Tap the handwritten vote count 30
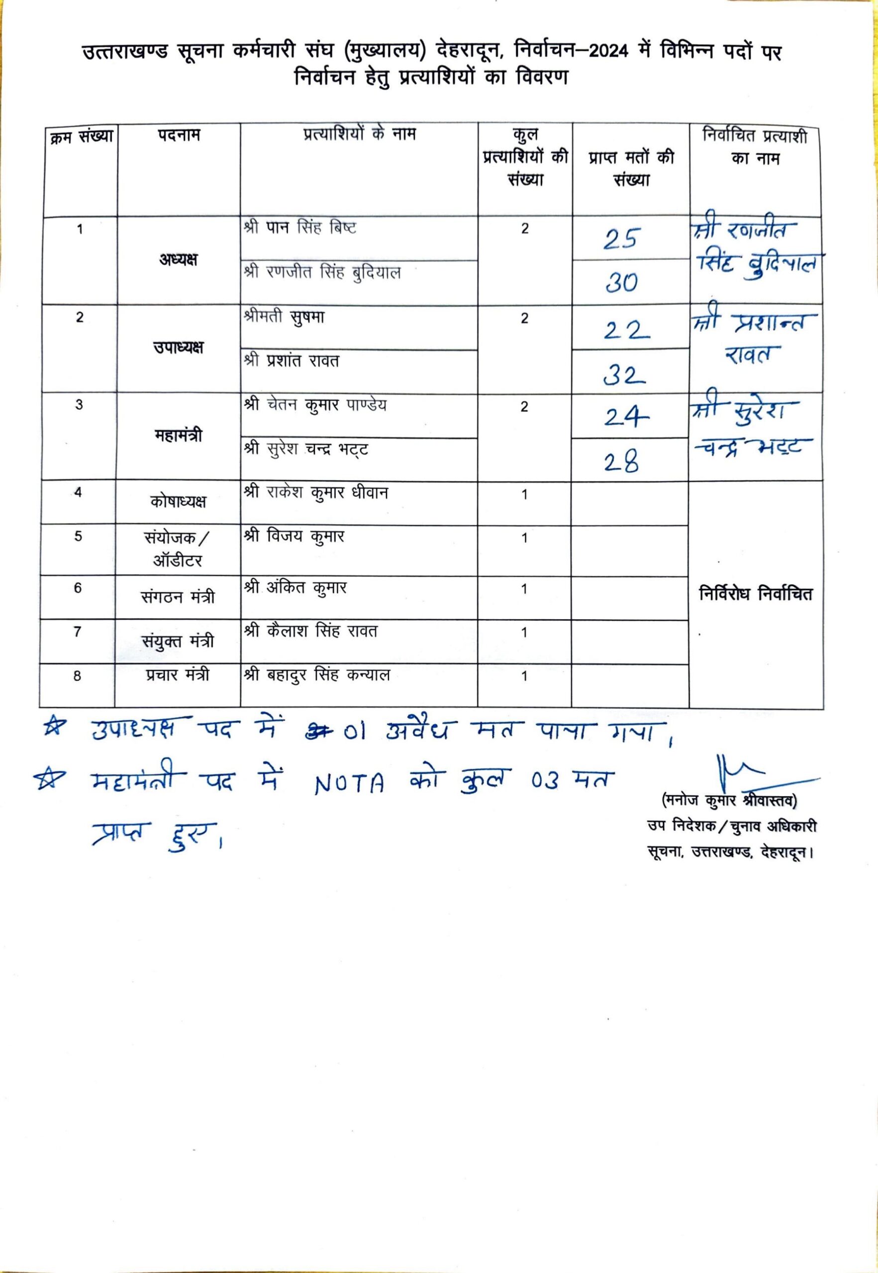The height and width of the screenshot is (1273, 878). pos(622,282)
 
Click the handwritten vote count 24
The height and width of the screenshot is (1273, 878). pos(626,418)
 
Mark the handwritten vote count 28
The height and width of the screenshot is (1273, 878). pos(622,463)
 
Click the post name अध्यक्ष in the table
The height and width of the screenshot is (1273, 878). pos(178,260)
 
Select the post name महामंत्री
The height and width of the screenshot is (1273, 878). pos(178,436)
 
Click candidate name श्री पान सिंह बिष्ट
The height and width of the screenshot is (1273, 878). pos(300,228)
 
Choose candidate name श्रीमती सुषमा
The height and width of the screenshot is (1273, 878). pos(284,317)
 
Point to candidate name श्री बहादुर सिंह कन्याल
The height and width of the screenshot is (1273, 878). pos(317,675)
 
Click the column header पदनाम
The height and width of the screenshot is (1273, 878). pos(180,135)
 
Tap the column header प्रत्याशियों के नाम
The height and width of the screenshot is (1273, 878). pos(360,134)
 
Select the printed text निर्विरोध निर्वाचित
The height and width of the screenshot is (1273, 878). pos(755,594)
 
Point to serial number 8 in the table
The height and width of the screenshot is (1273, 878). pos(77,676)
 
